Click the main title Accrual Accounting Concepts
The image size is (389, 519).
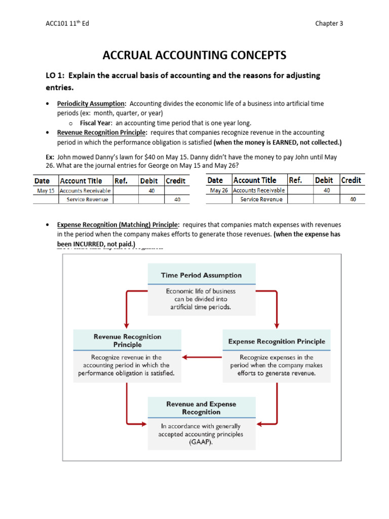pyautogui.click(x=194, y=55)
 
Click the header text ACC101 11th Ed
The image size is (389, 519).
pyautogui.click(x=67, y=23)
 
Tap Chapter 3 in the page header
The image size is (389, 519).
pyautogui.click(x=329, y=23)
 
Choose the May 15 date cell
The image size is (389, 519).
pyautogui.click(x=46, y=191)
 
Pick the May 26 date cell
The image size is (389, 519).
pyautogui.click(x=219, y=190)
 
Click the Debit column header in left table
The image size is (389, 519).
pyautogui.click(x=148, y=181)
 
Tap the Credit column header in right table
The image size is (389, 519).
pyautogui.click(x=351, y=180)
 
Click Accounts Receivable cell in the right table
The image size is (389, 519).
pyautogui.click(x=259, y=190)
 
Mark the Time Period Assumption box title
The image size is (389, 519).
pyautogui.click(x=201, y=275)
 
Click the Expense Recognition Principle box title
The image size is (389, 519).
pyautogui.click(x=277, y=341)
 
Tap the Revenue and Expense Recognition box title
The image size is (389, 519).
pyautogui.click(x=201, y=408)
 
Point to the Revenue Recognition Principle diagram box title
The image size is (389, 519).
pyautogui.click(x=128, y=340)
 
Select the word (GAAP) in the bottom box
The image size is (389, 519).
pyautogui.click(x=201, y=442)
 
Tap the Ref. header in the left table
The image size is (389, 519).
pyautogui.click(x=121, y=181)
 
